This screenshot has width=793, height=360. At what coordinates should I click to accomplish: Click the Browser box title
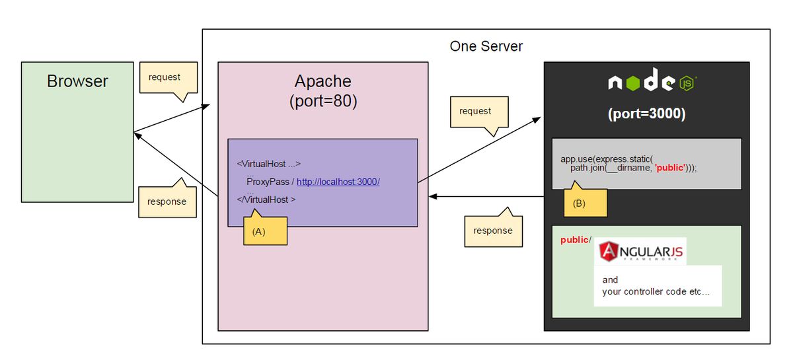(x=77, y=81)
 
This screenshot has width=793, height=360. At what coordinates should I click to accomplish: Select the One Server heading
(x=486, y=46)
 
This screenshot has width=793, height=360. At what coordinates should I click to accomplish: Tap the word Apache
(x=322, y=82)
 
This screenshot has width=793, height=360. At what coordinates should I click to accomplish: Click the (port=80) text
(x=322, y=102)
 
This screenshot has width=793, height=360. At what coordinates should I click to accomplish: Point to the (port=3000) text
(x=646, y=114)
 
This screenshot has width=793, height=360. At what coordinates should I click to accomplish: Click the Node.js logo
(x=652, y=83)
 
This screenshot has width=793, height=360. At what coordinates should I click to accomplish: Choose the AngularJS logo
(x=641, y=251)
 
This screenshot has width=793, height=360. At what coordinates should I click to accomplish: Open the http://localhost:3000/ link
(x=338, y=182)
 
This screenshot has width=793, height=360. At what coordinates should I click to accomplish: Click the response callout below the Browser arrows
(x=167, y=201)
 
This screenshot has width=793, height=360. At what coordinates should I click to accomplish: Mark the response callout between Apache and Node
(x=492, y=231)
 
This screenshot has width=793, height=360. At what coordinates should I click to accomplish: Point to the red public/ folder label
(x=576, y=240)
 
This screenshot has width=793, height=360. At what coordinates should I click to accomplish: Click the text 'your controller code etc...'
(x=656, y=291)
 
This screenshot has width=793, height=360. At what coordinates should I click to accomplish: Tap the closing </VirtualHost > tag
(x=266, y=199)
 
